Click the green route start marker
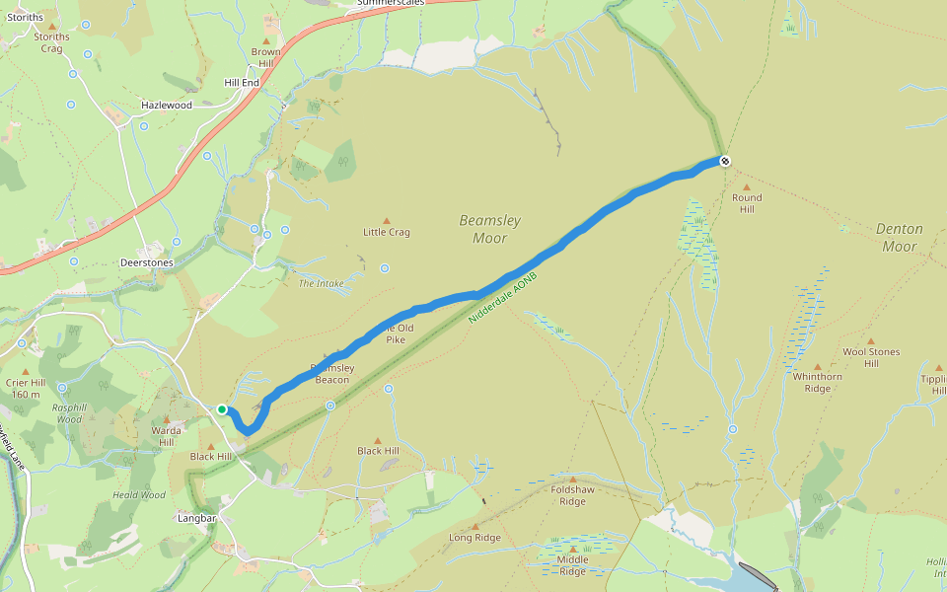point(223,409)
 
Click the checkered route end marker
point(725,161)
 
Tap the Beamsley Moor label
point(489,229)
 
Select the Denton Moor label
point(899,238)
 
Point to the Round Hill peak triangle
point(747,186)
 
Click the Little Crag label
point(386,232)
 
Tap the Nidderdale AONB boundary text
point(502,300)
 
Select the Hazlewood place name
point(167,104)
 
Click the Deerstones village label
point(146,263)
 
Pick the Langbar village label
point(196,518)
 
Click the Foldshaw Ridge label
point(572,495)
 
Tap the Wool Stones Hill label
point(871,357)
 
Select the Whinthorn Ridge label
point(817,382)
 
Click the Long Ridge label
point(474,538)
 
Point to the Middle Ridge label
point(573,565)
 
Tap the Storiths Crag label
point(51,42)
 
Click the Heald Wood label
point(139,495)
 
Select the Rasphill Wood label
point(69,412)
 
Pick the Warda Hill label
point(166,436)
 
